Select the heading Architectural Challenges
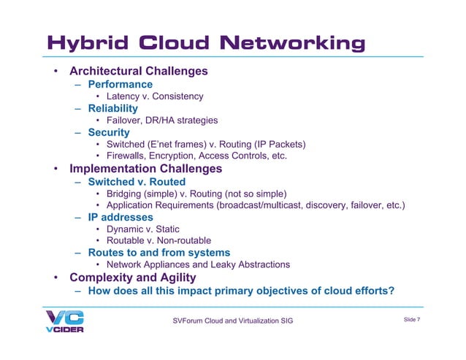(x=139, y=72)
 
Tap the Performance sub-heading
(x=120, y=85)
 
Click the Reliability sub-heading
(x=112, y=109)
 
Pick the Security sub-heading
(x=108, y=133)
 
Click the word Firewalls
(x=128, y=156)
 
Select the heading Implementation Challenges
(x=145, y=169)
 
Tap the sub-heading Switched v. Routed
(x=137, y=182)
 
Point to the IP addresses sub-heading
(x=121, y=218)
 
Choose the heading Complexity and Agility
(x=132, y=277)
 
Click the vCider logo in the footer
(x=65, y=321)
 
